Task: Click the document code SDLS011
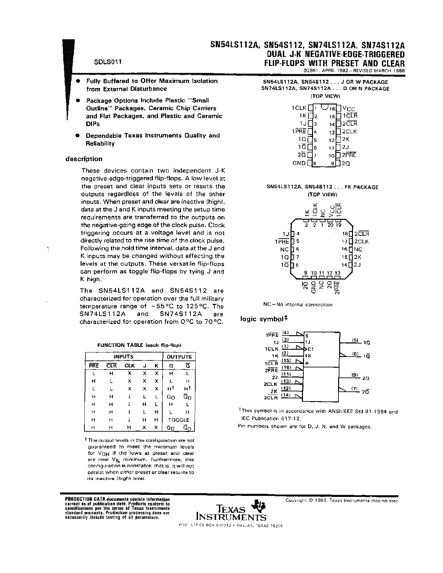[x=107, y=62]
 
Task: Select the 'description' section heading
[x=84, y=159]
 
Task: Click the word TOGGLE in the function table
[x=179, y=420]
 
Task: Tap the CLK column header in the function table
[x=130, y=365]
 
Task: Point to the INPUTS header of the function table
[x=124, y=357]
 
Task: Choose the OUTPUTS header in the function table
[x=179, y=357]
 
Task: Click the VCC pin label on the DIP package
[x=348, y=108]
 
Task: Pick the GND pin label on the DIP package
[x=299, y=163]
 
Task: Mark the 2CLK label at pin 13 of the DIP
[x=349, y=132]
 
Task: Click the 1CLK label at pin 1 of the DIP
[x=299, y=108]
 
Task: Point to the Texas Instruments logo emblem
[x=260, y=505]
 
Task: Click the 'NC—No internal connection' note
[x=298, y=305]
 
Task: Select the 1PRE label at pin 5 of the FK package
[x=281, y=242]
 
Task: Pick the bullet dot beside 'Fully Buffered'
[x=79, y=81]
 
